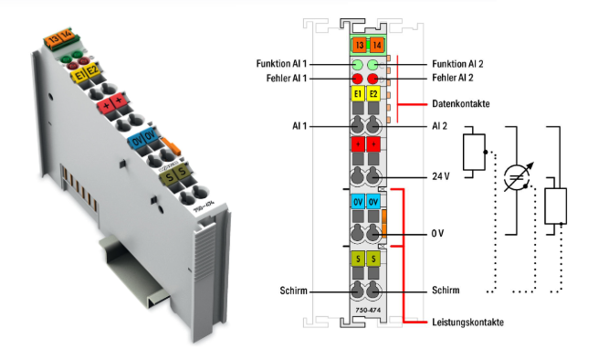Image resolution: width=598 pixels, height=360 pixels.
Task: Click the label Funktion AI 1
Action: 281,63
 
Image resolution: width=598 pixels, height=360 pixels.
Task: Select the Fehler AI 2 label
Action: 453,78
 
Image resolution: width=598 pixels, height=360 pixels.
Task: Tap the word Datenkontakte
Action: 461,104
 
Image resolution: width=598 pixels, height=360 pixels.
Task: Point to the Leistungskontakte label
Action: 467,323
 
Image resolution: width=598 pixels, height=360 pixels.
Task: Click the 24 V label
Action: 440,176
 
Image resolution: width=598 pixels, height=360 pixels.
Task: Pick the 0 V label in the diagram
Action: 437,233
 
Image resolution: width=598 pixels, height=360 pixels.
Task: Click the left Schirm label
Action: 293,291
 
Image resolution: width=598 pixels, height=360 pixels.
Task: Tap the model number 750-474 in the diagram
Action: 368,311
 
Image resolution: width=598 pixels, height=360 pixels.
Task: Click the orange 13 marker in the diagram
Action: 359,45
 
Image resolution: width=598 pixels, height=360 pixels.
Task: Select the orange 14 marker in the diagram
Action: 376,45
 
